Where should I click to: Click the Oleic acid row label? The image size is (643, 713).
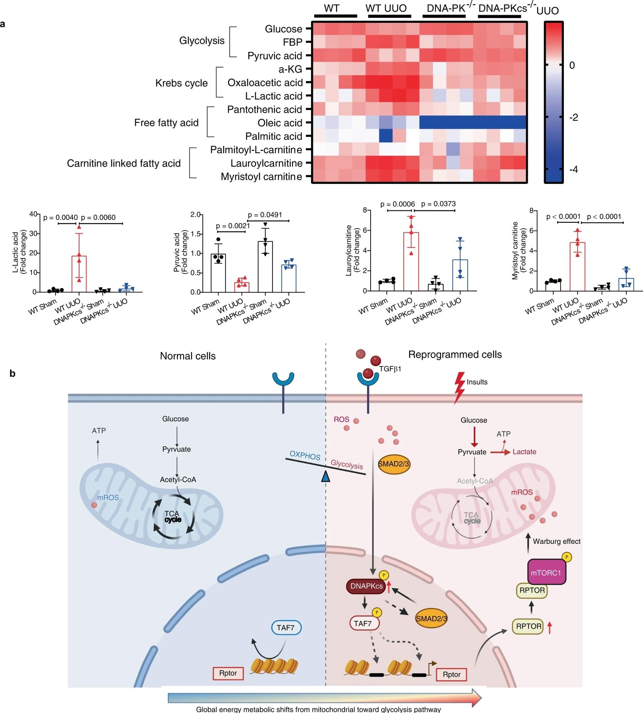click(280, 123)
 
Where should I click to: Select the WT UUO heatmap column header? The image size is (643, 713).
click(386, 8)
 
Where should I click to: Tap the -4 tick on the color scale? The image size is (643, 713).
click(573, 169)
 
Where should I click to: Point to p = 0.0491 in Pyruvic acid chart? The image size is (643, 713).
click(265, 215)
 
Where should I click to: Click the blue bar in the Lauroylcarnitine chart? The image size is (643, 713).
click(460, 275)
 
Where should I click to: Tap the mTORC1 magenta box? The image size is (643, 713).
click(546, 573)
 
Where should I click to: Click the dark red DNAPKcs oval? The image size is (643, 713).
click(366, 586)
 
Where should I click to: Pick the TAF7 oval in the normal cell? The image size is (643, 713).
click(286, 627)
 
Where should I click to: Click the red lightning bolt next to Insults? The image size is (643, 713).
click(459, 388)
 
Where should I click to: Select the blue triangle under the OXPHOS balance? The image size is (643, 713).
click(325, 477)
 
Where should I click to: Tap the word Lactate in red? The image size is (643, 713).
click(524, 452)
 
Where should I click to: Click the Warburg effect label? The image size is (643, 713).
click(556, 542)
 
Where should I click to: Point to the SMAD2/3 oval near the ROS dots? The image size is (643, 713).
click(394, 464)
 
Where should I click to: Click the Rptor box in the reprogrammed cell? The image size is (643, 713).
click(451, 674)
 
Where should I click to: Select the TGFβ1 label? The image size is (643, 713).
click(390, 369)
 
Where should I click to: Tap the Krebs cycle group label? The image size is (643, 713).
click(181, 83)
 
